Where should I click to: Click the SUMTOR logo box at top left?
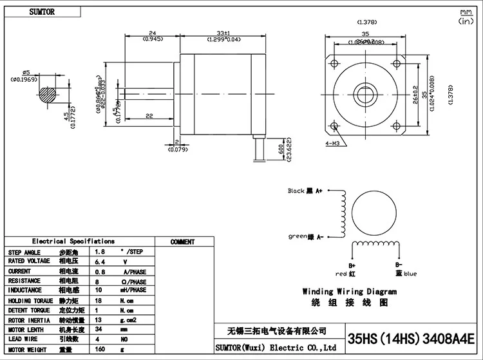click(x=40, y=12)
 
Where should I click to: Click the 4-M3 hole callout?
click(x=334, y=144)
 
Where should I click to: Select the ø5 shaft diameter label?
click(x=26, y=72)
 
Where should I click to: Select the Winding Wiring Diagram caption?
click(x=349, y=292)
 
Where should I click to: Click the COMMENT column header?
click(x=182, y=242)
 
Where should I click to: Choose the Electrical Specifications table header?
click(x=73, y=242)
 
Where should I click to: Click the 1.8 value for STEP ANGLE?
click(x=100, y=252)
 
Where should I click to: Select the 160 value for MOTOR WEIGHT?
click(x=100, y=350)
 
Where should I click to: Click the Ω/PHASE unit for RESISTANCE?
click(x=133, y=281)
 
